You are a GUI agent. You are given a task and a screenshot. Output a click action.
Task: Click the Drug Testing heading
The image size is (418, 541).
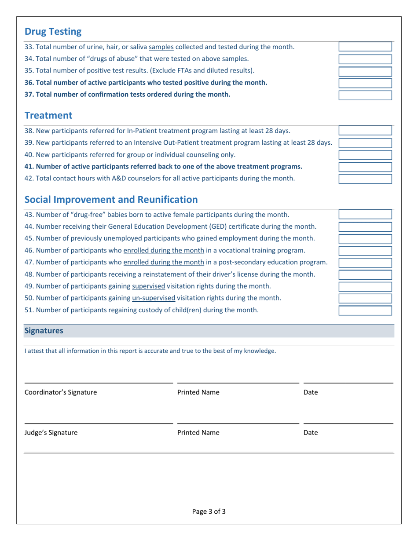pos(53,32)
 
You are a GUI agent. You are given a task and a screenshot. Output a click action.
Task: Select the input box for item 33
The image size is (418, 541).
pos(365,47)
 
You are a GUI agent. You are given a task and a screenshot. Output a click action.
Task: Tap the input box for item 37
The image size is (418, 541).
pos(365,95)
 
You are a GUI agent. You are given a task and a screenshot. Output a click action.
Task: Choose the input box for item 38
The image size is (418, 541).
pos(365,131)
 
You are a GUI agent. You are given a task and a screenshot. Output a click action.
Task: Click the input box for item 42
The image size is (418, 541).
pos(365,179)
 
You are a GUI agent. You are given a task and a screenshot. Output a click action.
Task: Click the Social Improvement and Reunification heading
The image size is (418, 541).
pos(111,200)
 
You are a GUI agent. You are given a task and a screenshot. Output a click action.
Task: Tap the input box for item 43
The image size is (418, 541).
pos(365,215)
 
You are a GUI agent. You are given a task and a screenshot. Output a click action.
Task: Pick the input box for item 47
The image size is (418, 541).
pos(365,263)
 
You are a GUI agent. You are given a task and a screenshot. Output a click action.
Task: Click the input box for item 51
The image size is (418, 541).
pos(365,311)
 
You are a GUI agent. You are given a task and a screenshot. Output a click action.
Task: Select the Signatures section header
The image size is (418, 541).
pos(44,331)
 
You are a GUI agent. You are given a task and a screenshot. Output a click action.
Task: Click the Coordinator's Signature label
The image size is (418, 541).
pos(61,392)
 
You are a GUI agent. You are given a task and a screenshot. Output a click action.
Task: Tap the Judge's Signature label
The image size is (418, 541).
pos(51,433)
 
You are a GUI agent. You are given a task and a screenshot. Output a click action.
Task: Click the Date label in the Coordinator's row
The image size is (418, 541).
pos(311,392)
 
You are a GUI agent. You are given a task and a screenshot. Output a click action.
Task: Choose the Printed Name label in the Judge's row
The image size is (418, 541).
pos(198,433)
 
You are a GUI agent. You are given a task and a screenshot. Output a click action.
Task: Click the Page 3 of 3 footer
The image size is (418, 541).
pos(209,512)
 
